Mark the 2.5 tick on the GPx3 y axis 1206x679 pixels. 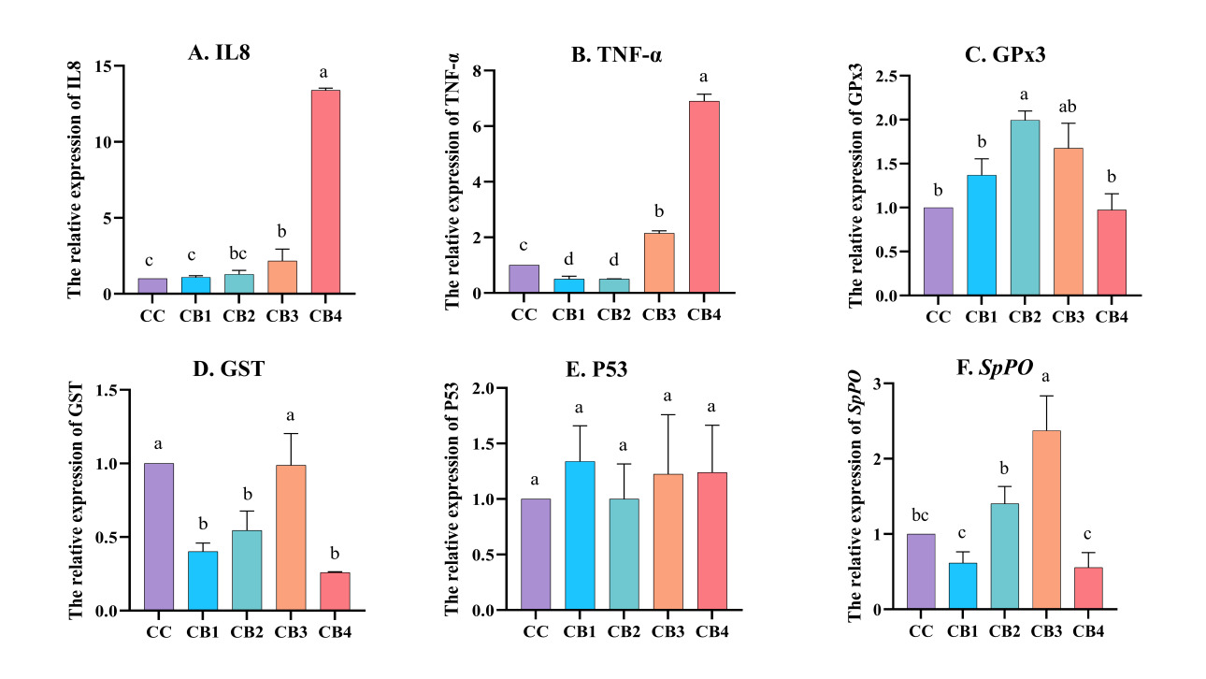[883, 76]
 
